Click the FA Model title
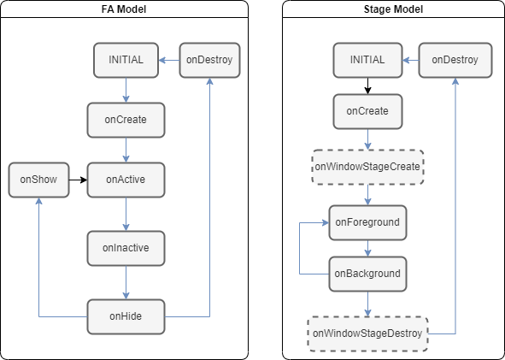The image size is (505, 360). coord(124,9)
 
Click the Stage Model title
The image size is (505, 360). coord(393,9)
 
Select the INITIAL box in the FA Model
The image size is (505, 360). coord(126,60)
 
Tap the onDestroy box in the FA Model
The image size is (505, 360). coord(209,60)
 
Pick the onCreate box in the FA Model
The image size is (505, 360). coord(126,120)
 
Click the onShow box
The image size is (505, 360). coord(38,180)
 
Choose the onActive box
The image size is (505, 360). coord(126,180)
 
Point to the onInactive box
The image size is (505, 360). coord(126,248)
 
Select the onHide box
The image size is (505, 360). coord(126,316)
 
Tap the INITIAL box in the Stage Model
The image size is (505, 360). coord(367,60)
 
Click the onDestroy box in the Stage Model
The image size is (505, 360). coord(455,60)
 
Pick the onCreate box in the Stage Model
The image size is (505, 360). coord(367,111)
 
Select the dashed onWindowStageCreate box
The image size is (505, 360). coord(367,167)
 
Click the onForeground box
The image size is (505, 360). coord(367,222)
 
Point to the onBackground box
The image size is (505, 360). coord(367,274)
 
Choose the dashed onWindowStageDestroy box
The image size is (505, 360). coord(367,333)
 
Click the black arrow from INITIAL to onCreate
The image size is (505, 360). coord(367,86)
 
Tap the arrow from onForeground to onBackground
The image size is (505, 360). coord(367,249)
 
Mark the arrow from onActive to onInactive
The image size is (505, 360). coord(126,215)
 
